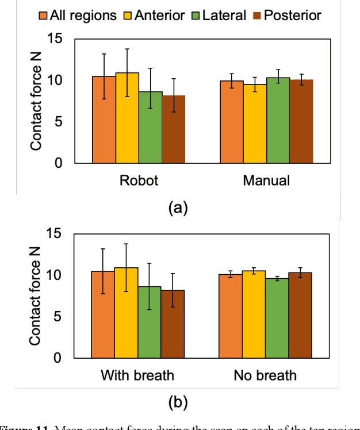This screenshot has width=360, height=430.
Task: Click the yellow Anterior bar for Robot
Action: pos(127,118)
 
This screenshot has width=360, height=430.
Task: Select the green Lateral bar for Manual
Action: pos(278,120)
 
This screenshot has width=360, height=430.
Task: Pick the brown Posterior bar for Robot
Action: pos(173,129)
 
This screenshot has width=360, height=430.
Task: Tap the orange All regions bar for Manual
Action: pos(232,122)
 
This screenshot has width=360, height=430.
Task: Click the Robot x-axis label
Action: pos(139,181)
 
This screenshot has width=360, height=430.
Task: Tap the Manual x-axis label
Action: pos(266,181)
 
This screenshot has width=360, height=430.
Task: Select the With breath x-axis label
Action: pos(137,375)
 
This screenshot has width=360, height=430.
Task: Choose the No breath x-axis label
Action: pos(265,375)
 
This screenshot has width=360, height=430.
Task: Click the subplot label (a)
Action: pos(178,208)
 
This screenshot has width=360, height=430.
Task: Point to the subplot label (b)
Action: pos(178,402)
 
